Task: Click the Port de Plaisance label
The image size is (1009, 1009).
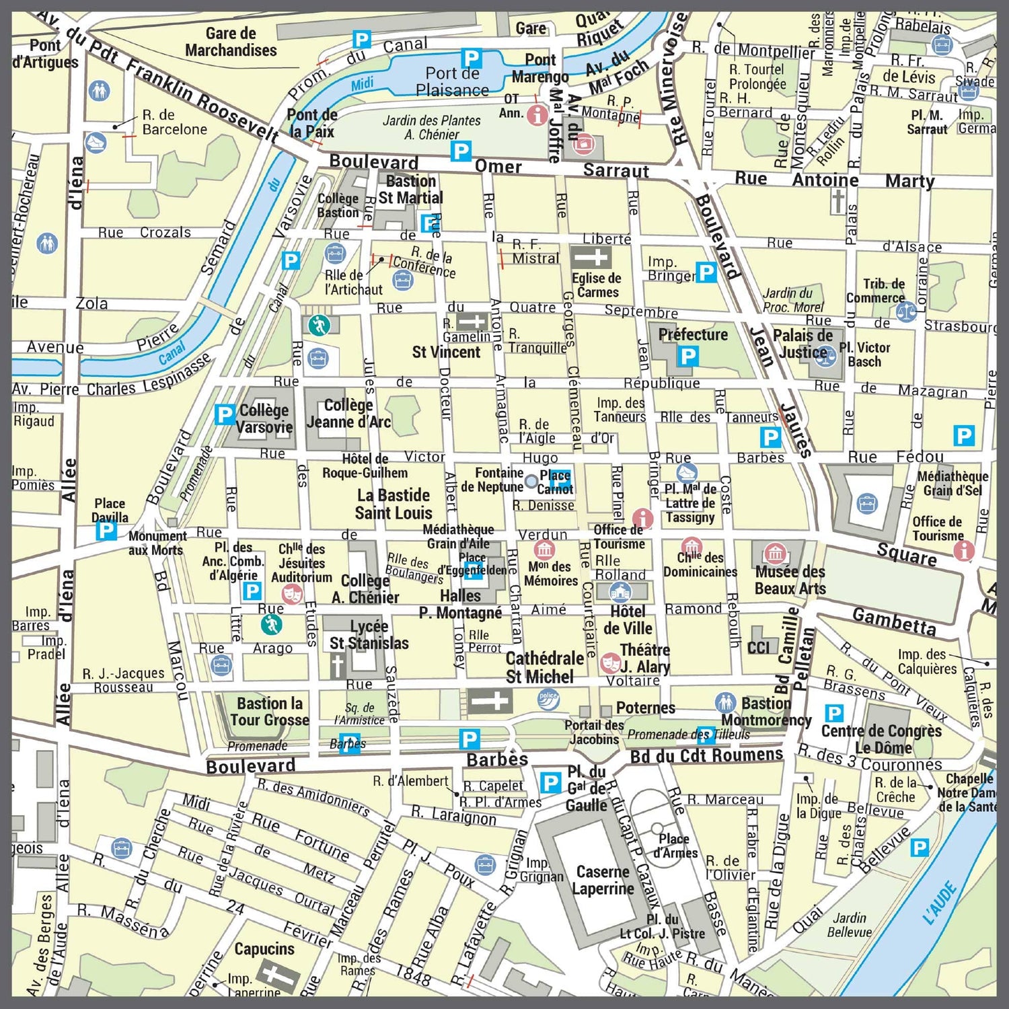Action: pyautogui.click(x=452, y=81)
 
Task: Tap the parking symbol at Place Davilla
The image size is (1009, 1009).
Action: pyautogui.click(x=106, y=531)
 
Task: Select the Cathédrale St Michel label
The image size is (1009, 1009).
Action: pyautogui.click(x=544, y=667)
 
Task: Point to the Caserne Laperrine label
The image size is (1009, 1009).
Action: pyautogui.click(x=603, y=880)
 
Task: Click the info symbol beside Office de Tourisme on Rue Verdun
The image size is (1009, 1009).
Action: pyautogui.click(x=643, y=519)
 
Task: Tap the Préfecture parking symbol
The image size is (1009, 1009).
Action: pyautogui.click(x=687, y=356)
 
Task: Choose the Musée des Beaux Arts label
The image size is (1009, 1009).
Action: pyautogui.click(x=790, y=580)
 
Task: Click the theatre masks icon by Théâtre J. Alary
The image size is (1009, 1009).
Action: pyautogui.click(x=610, y=663)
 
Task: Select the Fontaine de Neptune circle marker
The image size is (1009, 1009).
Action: pyautogui.click(x=531, y=481)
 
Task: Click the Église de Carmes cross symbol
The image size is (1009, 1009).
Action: pyautogui.click(x=590, y=257)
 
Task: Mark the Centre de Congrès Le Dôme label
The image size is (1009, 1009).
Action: pyautogui.click(x=881, y=739)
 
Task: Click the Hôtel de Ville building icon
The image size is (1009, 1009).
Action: pyautogui.click(x=620, y=592)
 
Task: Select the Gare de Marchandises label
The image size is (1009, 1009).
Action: pyautogui.click(x=231, y=42)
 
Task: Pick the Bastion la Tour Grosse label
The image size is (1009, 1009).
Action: pyautogui.click(x=269, y=712)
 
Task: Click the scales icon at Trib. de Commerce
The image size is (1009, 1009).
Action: pyautogui.click(x=905, y=312)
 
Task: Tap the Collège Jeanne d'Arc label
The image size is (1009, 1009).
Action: pyautogui.click(x=348, y=414)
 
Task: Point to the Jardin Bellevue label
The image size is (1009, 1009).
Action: pyautogui.click(x=849, y=924)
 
